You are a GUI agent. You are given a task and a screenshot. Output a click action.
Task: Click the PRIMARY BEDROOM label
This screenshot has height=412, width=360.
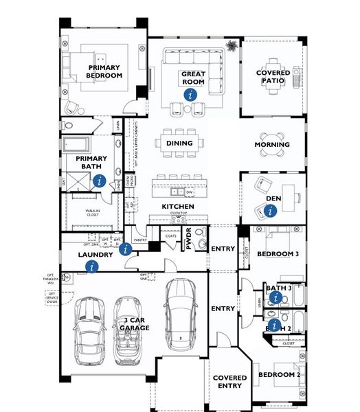pos(104,71)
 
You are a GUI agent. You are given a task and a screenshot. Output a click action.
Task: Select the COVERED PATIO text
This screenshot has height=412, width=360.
pos(273,77)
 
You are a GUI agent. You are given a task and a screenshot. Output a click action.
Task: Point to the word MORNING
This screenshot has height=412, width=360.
pos(272,145)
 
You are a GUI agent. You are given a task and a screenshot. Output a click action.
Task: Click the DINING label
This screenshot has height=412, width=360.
pos(179,144)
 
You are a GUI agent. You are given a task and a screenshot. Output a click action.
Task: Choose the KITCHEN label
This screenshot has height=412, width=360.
pos(178,207)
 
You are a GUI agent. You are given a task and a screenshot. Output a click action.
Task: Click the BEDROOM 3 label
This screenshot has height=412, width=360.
pos(278,254)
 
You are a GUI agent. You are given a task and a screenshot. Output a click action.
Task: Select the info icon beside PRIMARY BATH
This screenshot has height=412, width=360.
pos(100,181)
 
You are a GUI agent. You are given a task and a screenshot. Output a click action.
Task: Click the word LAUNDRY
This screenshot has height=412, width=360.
pos(95,255)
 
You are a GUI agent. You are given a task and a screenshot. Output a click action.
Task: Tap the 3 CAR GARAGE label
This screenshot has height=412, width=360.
pos(135,324)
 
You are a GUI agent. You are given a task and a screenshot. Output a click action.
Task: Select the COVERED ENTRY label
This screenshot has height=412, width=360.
pos(229,382)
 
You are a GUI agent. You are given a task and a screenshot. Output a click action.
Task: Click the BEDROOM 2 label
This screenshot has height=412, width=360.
pos(279,375)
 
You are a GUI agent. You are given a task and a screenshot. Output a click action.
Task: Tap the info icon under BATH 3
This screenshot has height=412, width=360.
pos(275,297)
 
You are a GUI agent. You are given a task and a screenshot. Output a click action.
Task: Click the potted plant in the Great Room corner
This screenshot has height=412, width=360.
pos(232,47)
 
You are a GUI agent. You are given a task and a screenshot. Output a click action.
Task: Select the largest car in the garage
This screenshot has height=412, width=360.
pos(181,312)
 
